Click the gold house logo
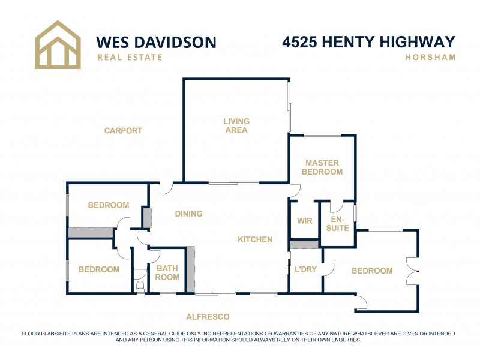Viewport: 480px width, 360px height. pyautogui.click(x=58, y=44)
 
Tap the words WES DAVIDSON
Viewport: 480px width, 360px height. pyautogui.click(x=156, y=42)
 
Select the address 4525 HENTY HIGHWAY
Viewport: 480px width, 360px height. pyautogui.click(x=368, y=42)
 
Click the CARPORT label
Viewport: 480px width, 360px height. pyautogui.click(x=123, y=131)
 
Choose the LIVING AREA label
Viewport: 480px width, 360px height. pyautogui.click(x=236, y=126)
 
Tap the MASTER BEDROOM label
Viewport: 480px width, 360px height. pyautogui.click(x=322, y=167)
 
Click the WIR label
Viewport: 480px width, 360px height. pyautogui.click(x=305, y=221)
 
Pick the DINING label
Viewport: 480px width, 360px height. pyautogui.click(x=188, y=214)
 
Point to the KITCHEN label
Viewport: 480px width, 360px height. pyautogui.click(x=255, y=239)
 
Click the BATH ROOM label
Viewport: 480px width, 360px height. pyautogui.click(x=167, y=273)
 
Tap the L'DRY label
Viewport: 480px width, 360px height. pyautogui.click(x=305, y=270)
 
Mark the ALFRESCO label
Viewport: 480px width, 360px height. pyautogui.click(x=208, y=317)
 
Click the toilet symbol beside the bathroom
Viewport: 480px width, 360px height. pyautogui.click(x=140, y=287)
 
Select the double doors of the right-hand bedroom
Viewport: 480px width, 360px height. pyautogui.click(x=412, y=271)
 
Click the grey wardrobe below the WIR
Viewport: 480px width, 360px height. pyautogui.click(x=304, y=244)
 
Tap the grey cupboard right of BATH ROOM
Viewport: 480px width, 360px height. pyautogui.click(x=191, y=269)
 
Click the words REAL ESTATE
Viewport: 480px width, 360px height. pyautogui.click(x=130, y=58)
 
